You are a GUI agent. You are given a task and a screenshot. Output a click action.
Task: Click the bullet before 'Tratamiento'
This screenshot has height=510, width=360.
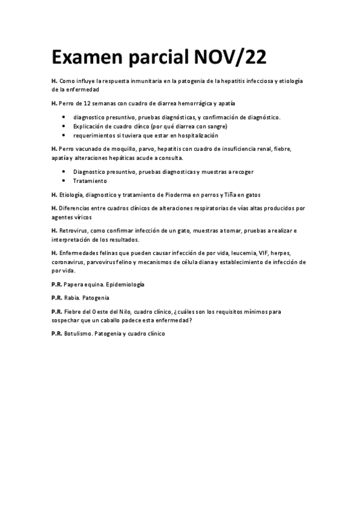pyautogui.click(x=65, y=180)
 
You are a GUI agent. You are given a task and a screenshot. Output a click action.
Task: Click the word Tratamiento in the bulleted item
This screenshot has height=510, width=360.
pyautogui.click(x=90, y=180)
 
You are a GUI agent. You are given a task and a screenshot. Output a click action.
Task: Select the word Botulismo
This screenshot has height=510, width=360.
pyautogui.click(x=79, y=333)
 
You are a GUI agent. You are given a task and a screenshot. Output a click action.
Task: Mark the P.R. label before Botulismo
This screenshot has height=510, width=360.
pyautogui.click(x=57, y=333)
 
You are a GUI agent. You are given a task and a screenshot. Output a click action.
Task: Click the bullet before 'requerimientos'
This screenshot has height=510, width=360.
pyautogui.click(x=65, y=136)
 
